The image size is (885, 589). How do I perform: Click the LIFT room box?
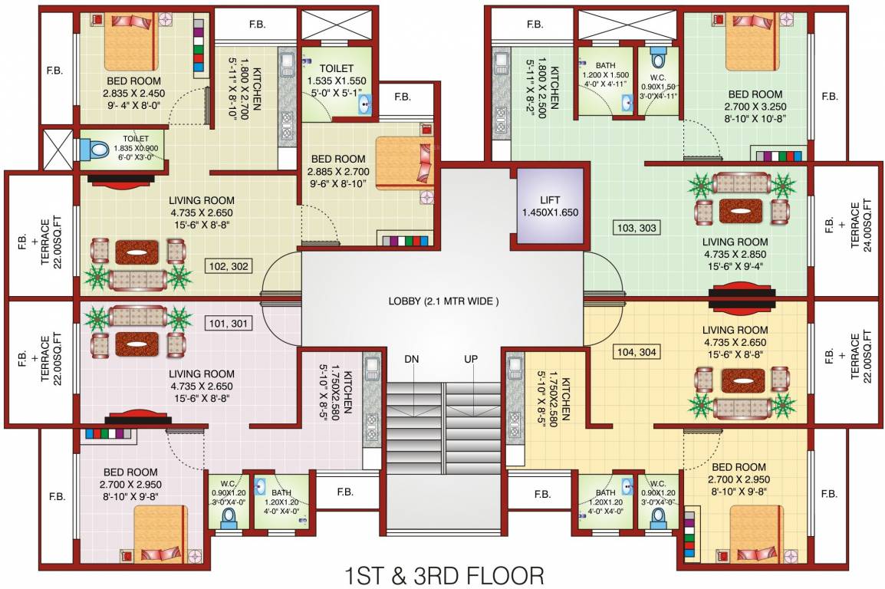pyautogui.click(x=549, y=205)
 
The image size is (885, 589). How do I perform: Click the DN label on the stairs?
pyautogui.click(x=413, y=359)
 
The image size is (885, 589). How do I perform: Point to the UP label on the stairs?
pyautogui.click(x=471, y=359)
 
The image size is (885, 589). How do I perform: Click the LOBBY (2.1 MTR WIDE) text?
pyautogui.click(x=443, y=301)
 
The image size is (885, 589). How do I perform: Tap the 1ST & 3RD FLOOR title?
pyautogui.click(x=442, y=574)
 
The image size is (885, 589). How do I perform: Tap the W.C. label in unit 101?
pyautogui.click(x=228, y=483)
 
